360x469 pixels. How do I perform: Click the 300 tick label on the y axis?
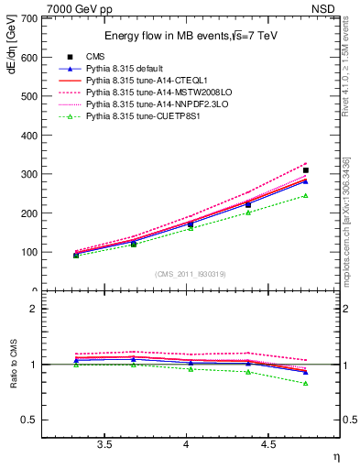point(29,174)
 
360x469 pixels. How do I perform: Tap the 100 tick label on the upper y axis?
point(29,252)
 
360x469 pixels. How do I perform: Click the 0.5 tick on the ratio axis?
point(31,420)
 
